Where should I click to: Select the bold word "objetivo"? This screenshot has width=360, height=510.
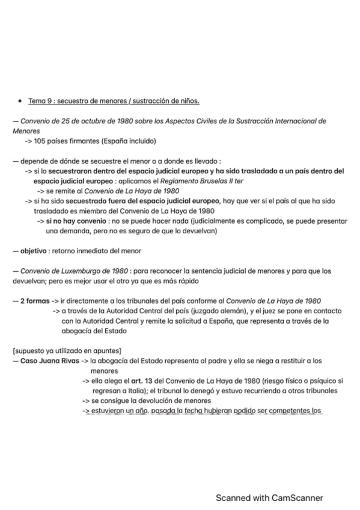pos(35,250)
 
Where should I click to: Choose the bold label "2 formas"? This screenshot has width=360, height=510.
pos(35,300)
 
